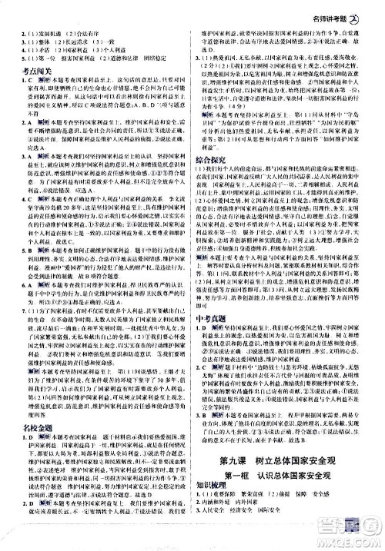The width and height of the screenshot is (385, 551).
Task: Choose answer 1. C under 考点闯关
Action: [x=15, y=81]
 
